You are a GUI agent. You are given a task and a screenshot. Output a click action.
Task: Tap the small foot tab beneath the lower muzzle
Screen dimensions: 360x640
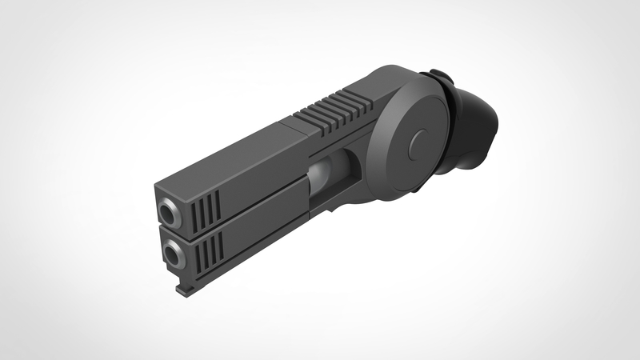pyautogui.click(x=182, y=290)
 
